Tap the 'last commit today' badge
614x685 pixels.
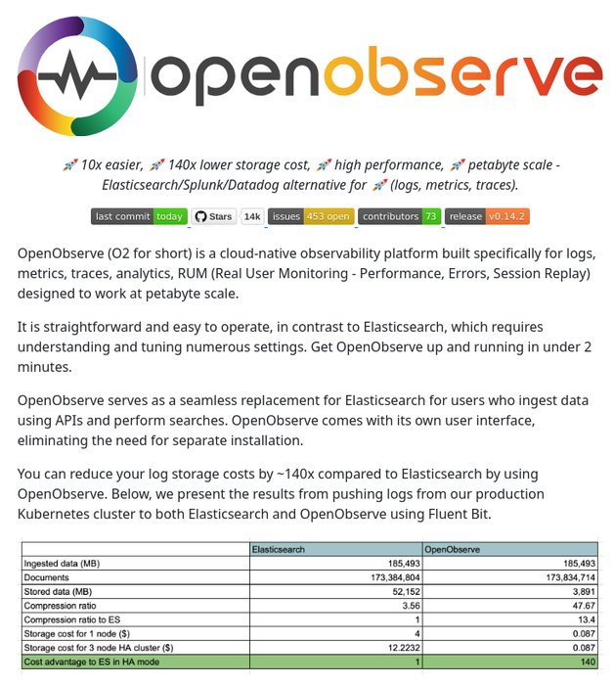click(139, 216)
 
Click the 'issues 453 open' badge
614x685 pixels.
click(310, 216)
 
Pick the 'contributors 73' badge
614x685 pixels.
click(399, 216)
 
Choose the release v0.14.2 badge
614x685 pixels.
click(486, 216)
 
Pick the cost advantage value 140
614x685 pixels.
click(587, 662)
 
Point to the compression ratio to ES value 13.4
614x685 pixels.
click(585, 619)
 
